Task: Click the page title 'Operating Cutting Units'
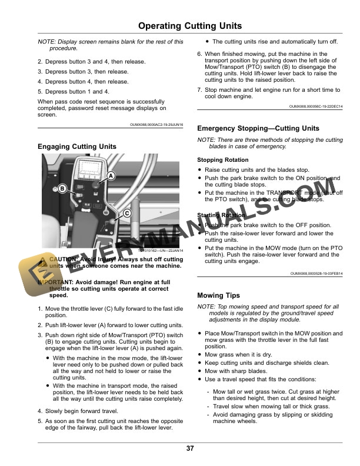(x=190, y=26)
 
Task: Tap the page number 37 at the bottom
(x=190, y=448)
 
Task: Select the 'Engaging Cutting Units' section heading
(x=76, y=147)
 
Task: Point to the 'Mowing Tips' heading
(x=218, y=295)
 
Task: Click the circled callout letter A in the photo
(x=110, y=175)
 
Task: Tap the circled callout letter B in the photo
(x=61, y=188)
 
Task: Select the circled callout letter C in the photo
(x=126, y=214)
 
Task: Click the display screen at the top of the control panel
(x=86, y=168)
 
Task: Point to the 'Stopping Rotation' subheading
(x=222, y=160)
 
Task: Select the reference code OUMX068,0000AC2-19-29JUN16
(x=156, y=125)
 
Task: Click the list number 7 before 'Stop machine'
(x=199, y=90)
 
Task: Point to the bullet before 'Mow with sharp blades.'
(x=200, y=371)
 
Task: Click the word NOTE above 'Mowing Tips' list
(x=205, y=307)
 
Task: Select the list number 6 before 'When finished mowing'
(x=199, y=54)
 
